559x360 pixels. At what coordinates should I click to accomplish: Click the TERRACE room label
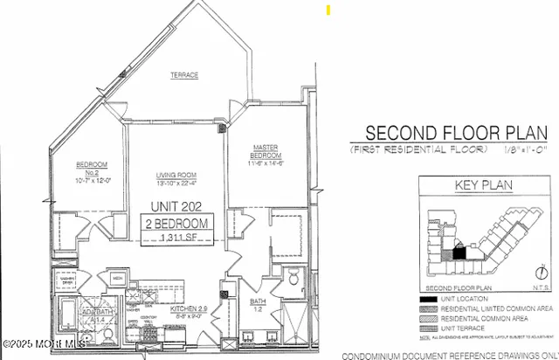183,76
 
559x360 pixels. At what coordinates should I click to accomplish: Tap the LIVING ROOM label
174,174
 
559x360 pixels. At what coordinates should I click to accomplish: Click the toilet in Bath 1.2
293,279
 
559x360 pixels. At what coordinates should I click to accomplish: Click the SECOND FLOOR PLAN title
456,133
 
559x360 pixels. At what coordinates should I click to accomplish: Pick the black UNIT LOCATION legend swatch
427,299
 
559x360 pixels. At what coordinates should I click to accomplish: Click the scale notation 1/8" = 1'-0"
526,150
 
